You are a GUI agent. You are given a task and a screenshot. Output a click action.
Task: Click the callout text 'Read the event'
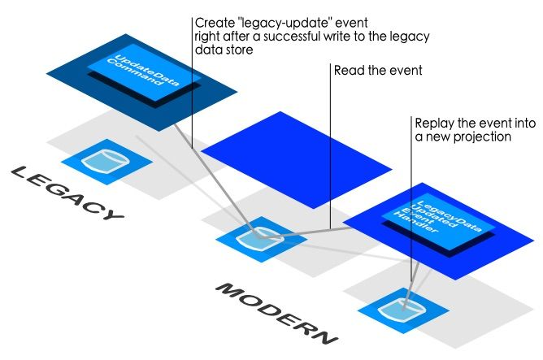[378, 71]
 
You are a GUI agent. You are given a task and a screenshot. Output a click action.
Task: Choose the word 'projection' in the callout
[484, 137]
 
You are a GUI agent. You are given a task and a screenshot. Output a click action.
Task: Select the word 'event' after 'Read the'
[406, 71]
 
